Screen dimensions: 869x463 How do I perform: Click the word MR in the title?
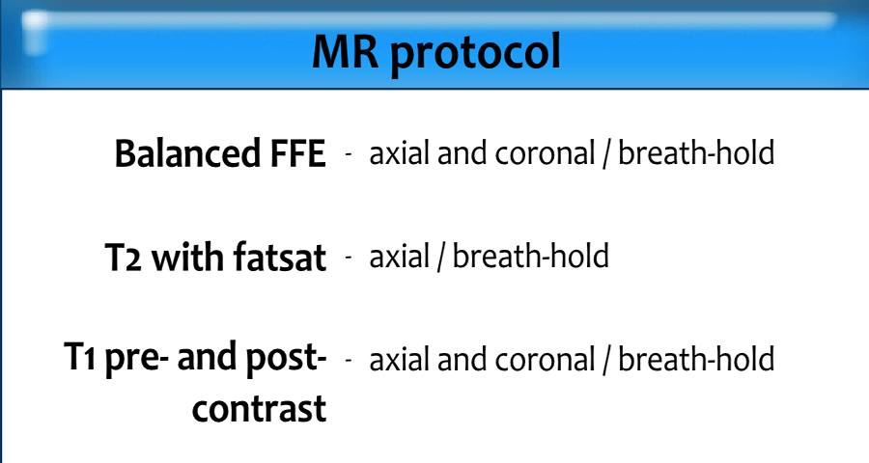click(346, 51)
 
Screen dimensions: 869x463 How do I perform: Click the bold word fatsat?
click(280, 257)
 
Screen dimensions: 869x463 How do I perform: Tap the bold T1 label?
click(81, 357)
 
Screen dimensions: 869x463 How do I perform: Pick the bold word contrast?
click(260, 409)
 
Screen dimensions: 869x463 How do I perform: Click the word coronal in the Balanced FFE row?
click(545, 153)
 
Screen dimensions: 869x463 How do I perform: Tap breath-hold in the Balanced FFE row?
click(696, 152)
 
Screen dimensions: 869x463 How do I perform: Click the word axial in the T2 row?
click(400, 257)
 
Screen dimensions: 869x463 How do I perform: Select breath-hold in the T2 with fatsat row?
click(531, 256)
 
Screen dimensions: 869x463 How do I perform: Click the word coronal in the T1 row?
click(545, 360)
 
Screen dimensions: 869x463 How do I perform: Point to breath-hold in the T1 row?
click(696, 359)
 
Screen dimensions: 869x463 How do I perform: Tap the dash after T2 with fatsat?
click(349, 257)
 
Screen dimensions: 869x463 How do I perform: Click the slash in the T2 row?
click(441, 258)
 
